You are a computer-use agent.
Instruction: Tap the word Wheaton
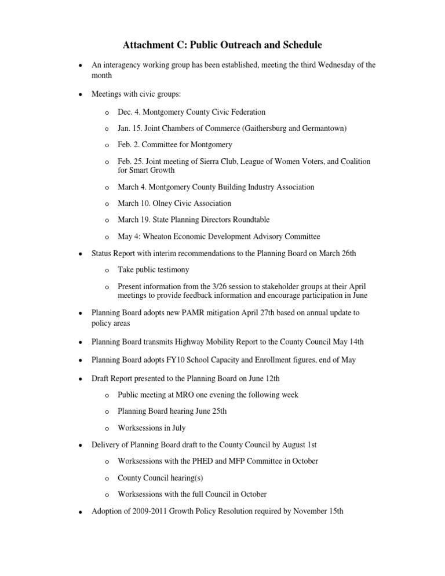[x=155, y=236]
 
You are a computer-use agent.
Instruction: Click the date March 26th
[x=338, y=253]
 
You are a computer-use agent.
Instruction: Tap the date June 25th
[x=210, y=411]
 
